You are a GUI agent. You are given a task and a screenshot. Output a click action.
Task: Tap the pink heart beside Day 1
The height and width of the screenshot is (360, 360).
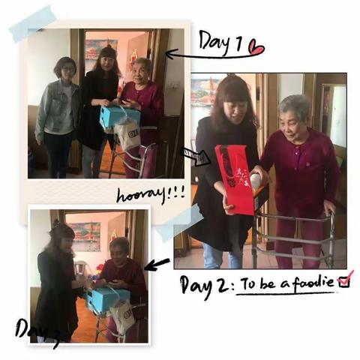pyautogui.click(x=256, y=47)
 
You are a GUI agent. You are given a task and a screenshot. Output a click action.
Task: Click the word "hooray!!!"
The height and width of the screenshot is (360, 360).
pyautogui.click(x=151, y=194)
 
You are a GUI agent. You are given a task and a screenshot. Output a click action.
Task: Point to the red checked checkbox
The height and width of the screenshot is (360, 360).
pyautogui.click(x=346, y=280)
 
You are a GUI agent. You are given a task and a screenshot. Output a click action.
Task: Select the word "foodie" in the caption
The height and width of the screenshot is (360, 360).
pyautogui.click(x=313, y=283)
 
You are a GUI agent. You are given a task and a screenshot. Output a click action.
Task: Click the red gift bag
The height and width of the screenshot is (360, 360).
pyautogui.click(x=235, y=179)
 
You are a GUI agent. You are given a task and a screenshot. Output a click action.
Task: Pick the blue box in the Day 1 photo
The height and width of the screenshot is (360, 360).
pyautogui.click(x=119, y=116)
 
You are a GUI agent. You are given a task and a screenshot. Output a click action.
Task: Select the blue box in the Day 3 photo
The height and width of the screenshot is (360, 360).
pyautogui.click(x=107, y=298)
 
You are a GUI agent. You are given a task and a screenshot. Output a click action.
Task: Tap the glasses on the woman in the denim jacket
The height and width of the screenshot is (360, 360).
pyautogui.click(x=68, y=69)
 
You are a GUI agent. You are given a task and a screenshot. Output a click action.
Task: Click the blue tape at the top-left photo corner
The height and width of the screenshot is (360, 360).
pyautogui.click(x=32, y=23)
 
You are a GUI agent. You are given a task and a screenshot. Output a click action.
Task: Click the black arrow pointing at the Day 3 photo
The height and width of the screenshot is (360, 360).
pyautogui.click(x=157, y=265)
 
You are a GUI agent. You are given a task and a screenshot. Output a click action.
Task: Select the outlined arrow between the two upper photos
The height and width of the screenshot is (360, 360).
pyautogui.click(x=196, y=157)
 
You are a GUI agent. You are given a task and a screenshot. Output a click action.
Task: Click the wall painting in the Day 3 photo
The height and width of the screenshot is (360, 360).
pyautogui.click(x=85, y=236)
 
